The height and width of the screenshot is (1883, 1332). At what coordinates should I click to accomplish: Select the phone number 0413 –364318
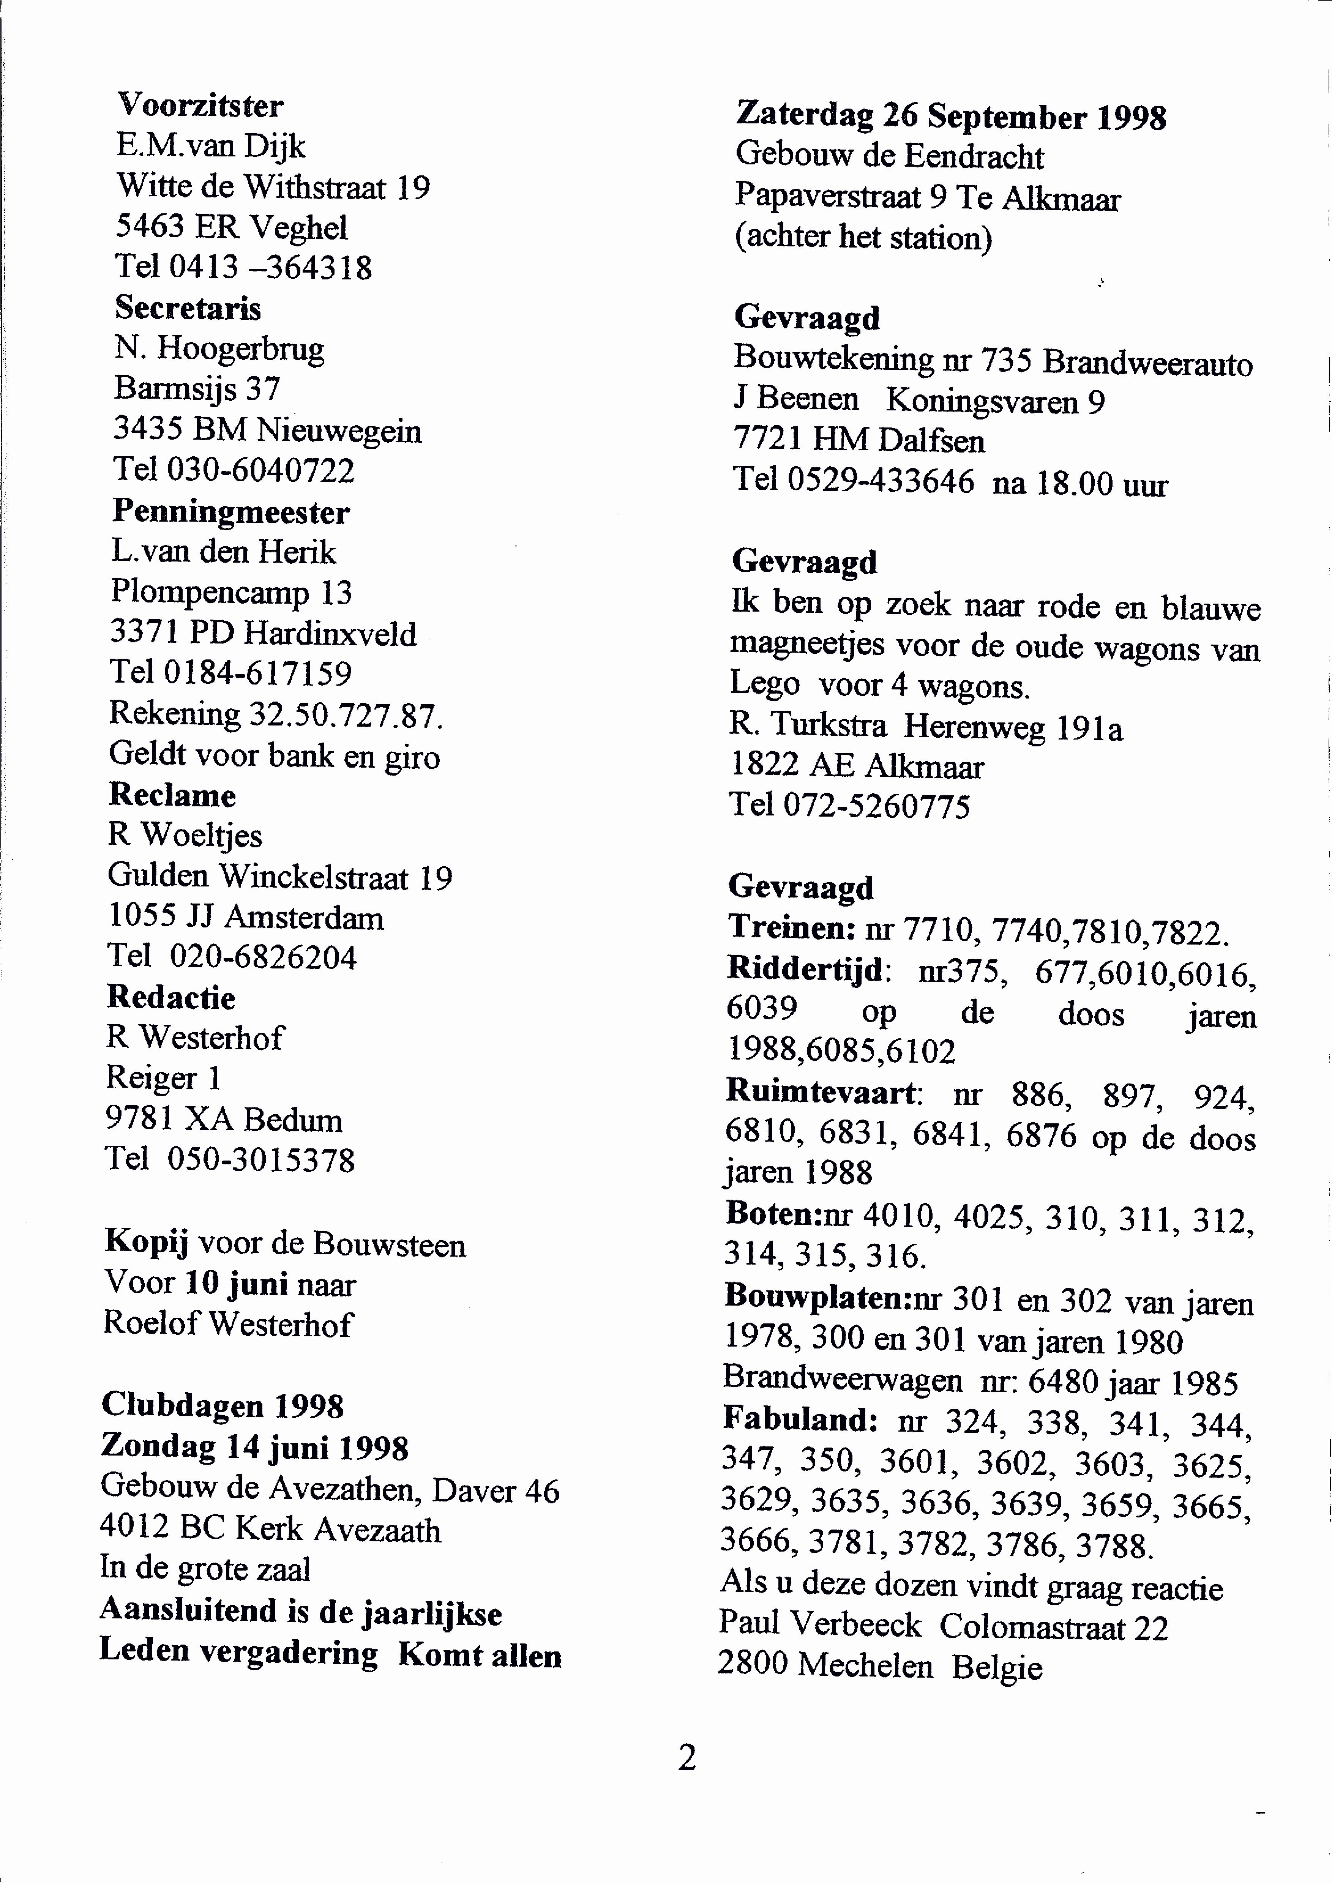[x=271, y=267]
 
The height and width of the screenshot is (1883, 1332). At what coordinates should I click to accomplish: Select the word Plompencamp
[x=210, y=592]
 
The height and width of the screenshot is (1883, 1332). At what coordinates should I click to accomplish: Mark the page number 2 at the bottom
[x=687, y=1758]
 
